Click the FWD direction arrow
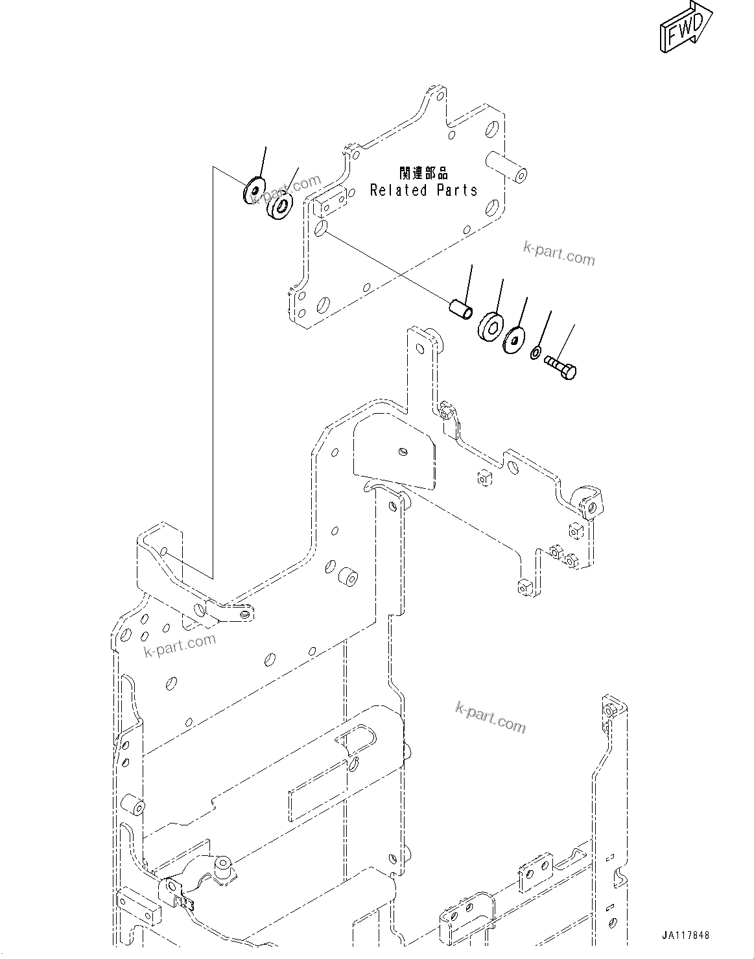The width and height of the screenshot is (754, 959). pyautogui.click(x=686, y=28)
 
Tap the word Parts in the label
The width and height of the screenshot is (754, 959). pyautogui.click(x=457, y=191)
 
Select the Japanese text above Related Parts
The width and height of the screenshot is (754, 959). pyautogui.click(x=423, y=173)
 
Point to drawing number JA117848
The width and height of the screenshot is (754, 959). pyautogui.click(x=686, y=936)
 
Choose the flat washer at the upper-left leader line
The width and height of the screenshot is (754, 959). pyautogui.click(x=254, y=189)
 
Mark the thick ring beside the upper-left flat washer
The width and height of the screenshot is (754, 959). pyautogui.click(x=281, y=206)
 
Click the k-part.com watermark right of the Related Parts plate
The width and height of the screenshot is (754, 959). pyautogui.click(x=559, y=254)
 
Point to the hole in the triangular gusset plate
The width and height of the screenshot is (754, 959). pyautogui.click(x=403, y=451)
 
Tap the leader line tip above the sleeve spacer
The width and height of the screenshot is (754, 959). pyautogui.click(x=471, y=266)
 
